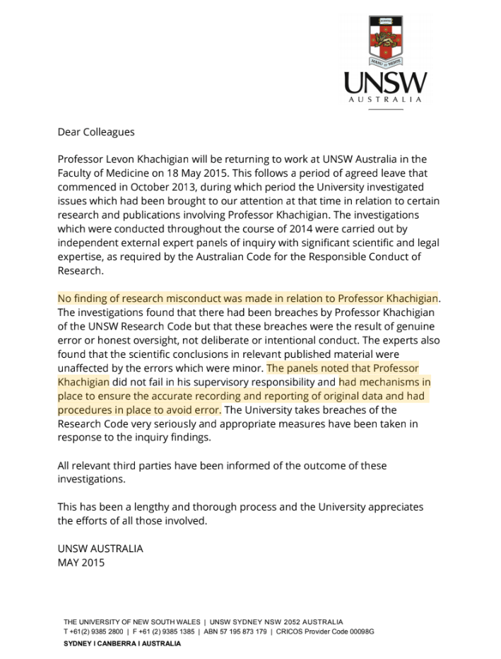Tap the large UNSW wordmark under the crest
click(385, 83)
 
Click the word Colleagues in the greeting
click(108, 132)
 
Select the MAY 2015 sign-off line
click(81, 563)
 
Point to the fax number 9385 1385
click(172, 631)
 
